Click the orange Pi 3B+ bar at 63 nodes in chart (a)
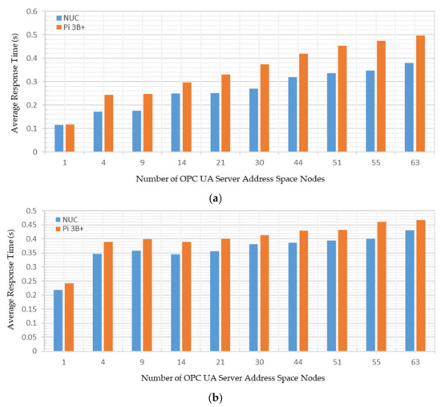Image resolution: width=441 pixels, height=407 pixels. click(420, 94)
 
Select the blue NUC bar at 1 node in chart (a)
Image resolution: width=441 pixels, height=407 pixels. click(59, 138)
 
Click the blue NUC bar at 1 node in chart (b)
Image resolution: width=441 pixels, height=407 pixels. click(59, 320)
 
